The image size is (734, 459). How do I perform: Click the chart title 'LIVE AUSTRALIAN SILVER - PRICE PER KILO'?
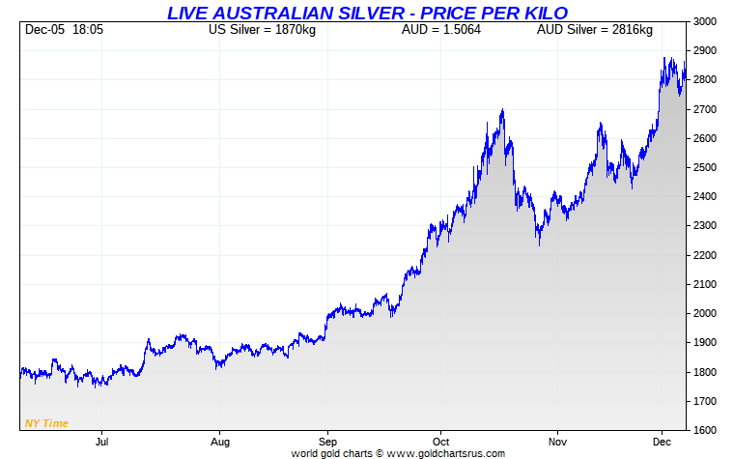(x=367, y=13)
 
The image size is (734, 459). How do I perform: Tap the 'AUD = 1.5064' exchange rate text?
(x=440, y=30)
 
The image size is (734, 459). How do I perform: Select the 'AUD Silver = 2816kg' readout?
(x=594, y=30)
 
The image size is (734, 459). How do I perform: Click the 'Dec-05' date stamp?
(x=44, y=30)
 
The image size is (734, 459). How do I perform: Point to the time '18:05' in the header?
(x=88, y=30)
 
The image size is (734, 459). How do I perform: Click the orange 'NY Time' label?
(x=45, y=423)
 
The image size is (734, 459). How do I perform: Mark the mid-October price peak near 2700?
(x=503, y=111)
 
